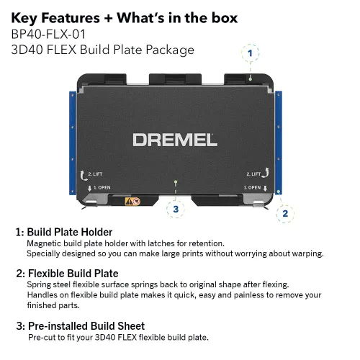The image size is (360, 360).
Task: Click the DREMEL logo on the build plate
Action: coord(175,140)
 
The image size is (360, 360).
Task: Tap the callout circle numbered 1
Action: coord(251,53)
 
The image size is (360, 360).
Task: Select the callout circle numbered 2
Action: coord(285,214)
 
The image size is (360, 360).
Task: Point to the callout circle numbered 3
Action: coord(176,209)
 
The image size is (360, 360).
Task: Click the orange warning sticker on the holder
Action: coord(132,201)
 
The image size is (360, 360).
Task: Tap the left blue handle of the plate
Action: coord(73,143)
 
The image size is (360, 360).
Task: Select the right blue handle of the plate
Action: coord(279,143)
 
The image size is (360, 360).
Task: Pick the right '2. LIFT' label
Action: coord(253,174)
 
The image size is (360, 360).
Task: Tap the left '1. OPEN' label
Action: coord(102,187)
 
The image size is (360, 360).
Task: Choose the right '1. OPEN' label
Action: coord(252,187)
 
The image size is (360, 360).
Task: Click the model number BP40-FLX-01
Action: coord(48,34)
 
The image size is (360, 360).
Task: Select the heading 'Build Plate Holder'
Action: coord(70,232)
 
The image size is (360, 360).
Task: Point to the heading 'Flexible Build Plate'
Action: coord(73,274)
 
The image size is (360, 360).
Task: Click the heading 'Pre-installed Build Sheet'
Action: coord(86,326)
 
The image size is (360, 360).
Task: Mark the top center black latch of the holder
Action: coord(175,79)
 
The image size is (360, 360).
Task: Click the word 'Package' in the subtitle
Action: coord(170,50)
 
